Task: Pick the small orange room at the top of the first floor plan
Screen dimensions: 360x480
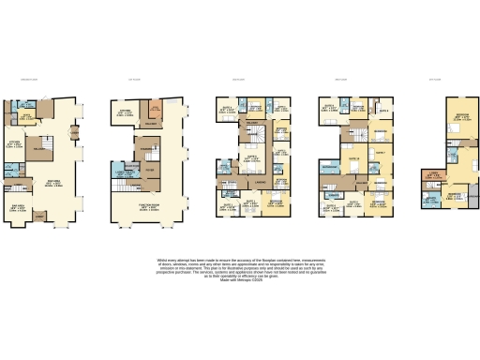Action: [x=156, y=112]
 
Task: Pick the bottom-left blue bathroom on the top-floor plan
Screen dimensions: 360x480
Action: [x=430, y=200]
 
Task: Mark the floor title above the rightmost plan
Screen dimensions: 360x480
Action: [x=435, y=80]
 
